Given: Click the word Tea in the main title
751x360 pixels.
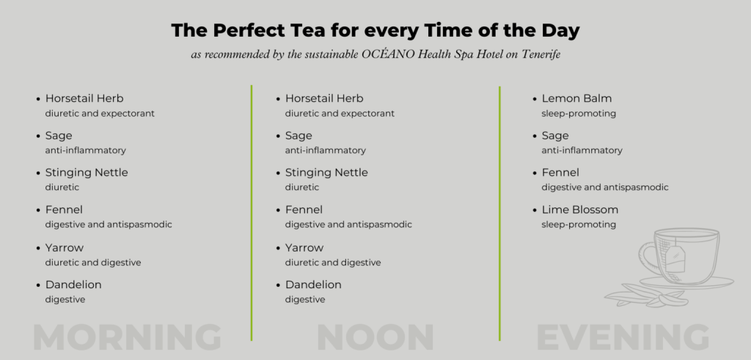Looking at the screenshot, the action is (307, 30).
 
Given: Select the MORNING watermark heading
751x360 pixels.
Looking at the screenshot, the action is (128, 337).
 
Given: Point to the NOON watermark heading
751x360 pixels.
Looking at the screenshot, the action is (375, 337).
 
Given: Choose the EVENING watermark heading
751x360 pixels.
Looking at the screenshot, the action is (623, 337).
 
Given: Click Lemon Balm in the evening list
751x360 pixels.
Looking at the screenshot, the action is (576, 99).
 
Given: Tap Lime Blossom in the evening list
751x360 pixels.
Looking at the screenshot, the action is (580, 210).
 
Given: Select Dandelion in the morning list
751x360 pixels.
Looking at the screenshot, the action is (73, 284).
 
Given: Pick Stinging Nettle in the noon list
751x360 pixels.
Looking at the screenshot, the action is (326, 173).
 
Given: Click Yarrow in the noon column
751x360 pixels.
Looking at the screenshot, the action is (304, 248).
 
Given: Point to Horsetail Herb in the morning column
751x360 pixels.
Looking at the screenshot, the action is (84, 99).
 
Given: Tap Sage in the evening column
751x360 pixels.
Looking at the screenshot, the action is (555, 136).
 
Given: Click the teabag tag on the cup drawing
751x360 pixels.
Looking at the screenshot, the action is (675, 261).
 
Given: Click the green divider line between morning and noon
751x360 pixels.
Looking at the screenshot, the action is (252, 213).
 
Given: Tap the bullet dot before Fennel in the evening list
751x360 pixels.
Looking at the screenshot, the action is (535, 173).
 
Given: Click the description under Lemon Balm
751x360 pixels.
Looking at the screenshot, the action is (579, 114).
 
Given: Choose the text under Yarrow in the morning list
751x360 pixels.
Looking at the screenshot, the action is (93, 262).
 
